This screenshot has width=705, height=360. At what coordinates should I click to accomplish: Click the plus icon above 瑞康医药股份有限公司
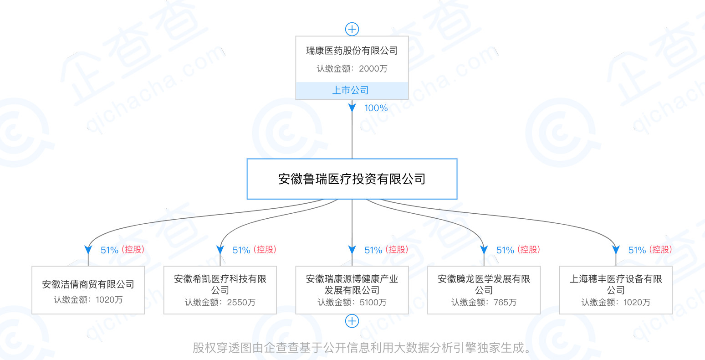[x=352, y=29]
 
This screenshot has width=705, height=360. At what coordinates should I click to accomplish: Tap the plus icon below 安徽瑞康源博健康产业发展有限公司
[x=352, y=321]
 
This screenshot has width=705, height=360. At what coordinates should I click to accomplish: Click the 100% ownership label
[x=376, y=108]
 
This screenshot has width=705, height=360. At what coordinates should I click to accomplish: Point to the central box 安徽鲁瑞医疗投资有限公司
[x=352, y=179]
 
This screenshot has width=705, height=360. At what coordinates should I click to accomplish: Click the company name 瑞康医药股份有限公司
[x=352, y=51]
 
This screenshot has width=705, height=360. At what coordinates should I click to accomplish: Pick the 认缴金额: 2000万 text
[x=352, y=69]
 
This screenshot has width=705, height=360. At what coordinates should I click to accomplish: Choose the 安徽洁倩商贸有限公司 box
[x=88, y=290]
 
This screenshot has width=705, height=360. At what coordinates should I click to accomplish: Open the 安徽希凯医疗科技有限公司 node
[x=220, y=290]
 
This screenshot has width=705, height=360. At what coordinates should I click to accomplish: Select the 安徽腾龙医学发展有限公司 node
[x=484, y=290]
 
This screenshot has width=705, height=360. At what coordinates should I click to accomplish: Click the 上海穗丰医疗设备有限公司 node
[x=616, y=290]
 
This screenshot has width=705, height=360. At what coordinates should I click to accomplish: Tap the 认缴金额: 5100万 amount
[x=352, y=303]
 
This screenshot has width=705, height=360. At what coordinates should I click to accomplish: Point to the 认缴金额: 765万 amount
[x=484, y=303]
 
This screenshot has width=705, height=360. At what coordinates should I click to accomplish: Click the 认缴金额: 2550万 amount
[x=220, y=303]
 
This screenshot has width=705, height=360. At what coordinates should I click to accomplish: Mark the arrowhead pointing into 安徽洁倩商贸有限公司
[x=88, y=250]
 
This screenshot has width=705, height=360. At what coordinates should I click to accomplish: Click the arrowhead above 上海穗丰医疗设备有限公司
[x=616, y=250]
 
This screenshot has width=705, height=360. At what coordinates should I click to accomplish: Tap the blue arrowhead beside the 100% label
[x=352, y=108]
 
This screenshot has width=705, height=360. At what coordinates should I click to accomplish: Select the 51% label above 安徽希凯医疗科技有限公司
[x=241, y=250]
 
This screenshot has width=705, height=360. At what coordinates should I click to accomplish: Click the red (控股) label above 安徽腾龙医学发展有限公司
[x=529, y=250]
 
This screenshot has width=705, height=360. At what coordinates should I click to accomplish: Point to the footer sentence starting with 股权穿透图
[x=362, y=348]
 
